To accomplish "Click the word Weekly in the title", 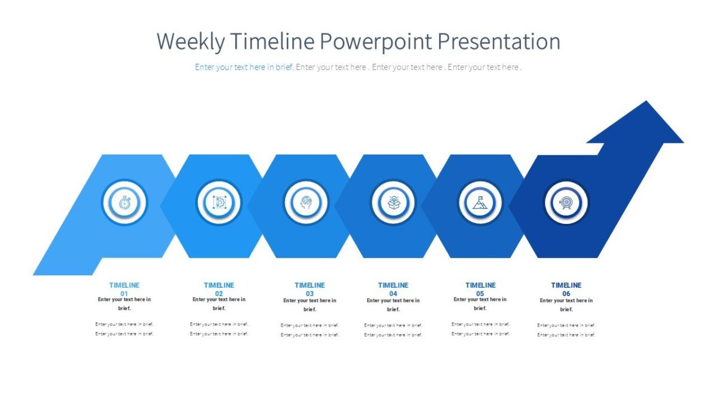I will tap(191, 42).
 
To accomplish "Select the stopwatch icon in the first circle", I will tap(124, 203).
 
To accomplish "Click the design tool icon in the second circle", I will tap(219, 203).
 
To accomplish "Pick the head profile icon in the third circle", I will tap(306, 203).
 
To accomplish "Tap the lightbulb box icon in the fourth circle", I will tap(393, 203).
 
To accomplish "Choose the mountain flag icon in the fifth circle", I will tap(480, 203).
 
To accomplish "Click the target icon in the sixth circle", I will tap(566, 203).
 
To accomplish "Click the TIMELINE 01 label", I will tap(124, 285).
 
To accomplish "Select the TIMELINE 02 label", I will tap(219, 285).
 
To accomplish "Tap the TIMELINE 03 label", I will tap(310, 285).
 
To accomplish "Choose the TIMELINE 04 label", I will tap(393, 285).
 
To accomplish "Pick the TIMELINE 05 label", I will tap(480, 285).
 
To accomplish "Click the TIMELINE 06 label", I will tap(566, 285).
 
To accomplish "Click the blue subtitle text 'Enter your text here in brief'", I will tap(244, 67).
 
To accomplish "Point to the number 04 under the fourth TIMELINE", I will tap(393, 294).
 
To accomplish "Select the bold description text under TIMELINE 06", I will tap(566, 304).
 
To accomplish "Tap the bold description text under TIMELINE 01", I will tap(124, 304).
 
